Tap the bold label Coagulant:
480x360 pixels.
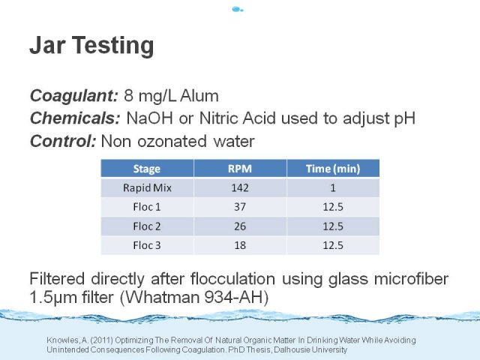[73, 96]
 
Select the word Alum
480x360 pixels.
[199, 96]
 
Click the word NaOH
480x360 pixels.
[150, 118]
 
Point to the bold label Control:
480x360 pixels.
[63, 141]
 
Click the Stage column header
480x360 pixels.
[147, 169]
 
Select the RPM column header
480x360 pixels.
[240, 169]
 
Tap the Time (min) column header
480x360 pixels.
[333, 169]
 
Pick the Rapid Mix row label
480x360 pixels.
[147, 187]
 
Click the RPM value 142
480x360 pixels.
[240, 187]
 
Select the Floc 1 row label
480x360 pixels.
[147, 207]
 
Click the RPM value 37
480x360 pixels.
[240, 207]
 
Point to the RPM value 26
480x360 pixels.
[240, 226]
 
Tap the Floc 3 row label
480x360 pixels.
[147, 245]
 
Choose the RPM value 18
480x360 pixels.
[240, 245]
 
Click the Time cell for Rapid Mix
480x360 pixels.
[333, 187]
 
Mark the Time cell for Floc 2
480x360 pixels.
[333, 226]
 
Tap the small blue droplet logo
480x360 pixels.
[238, 10]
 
